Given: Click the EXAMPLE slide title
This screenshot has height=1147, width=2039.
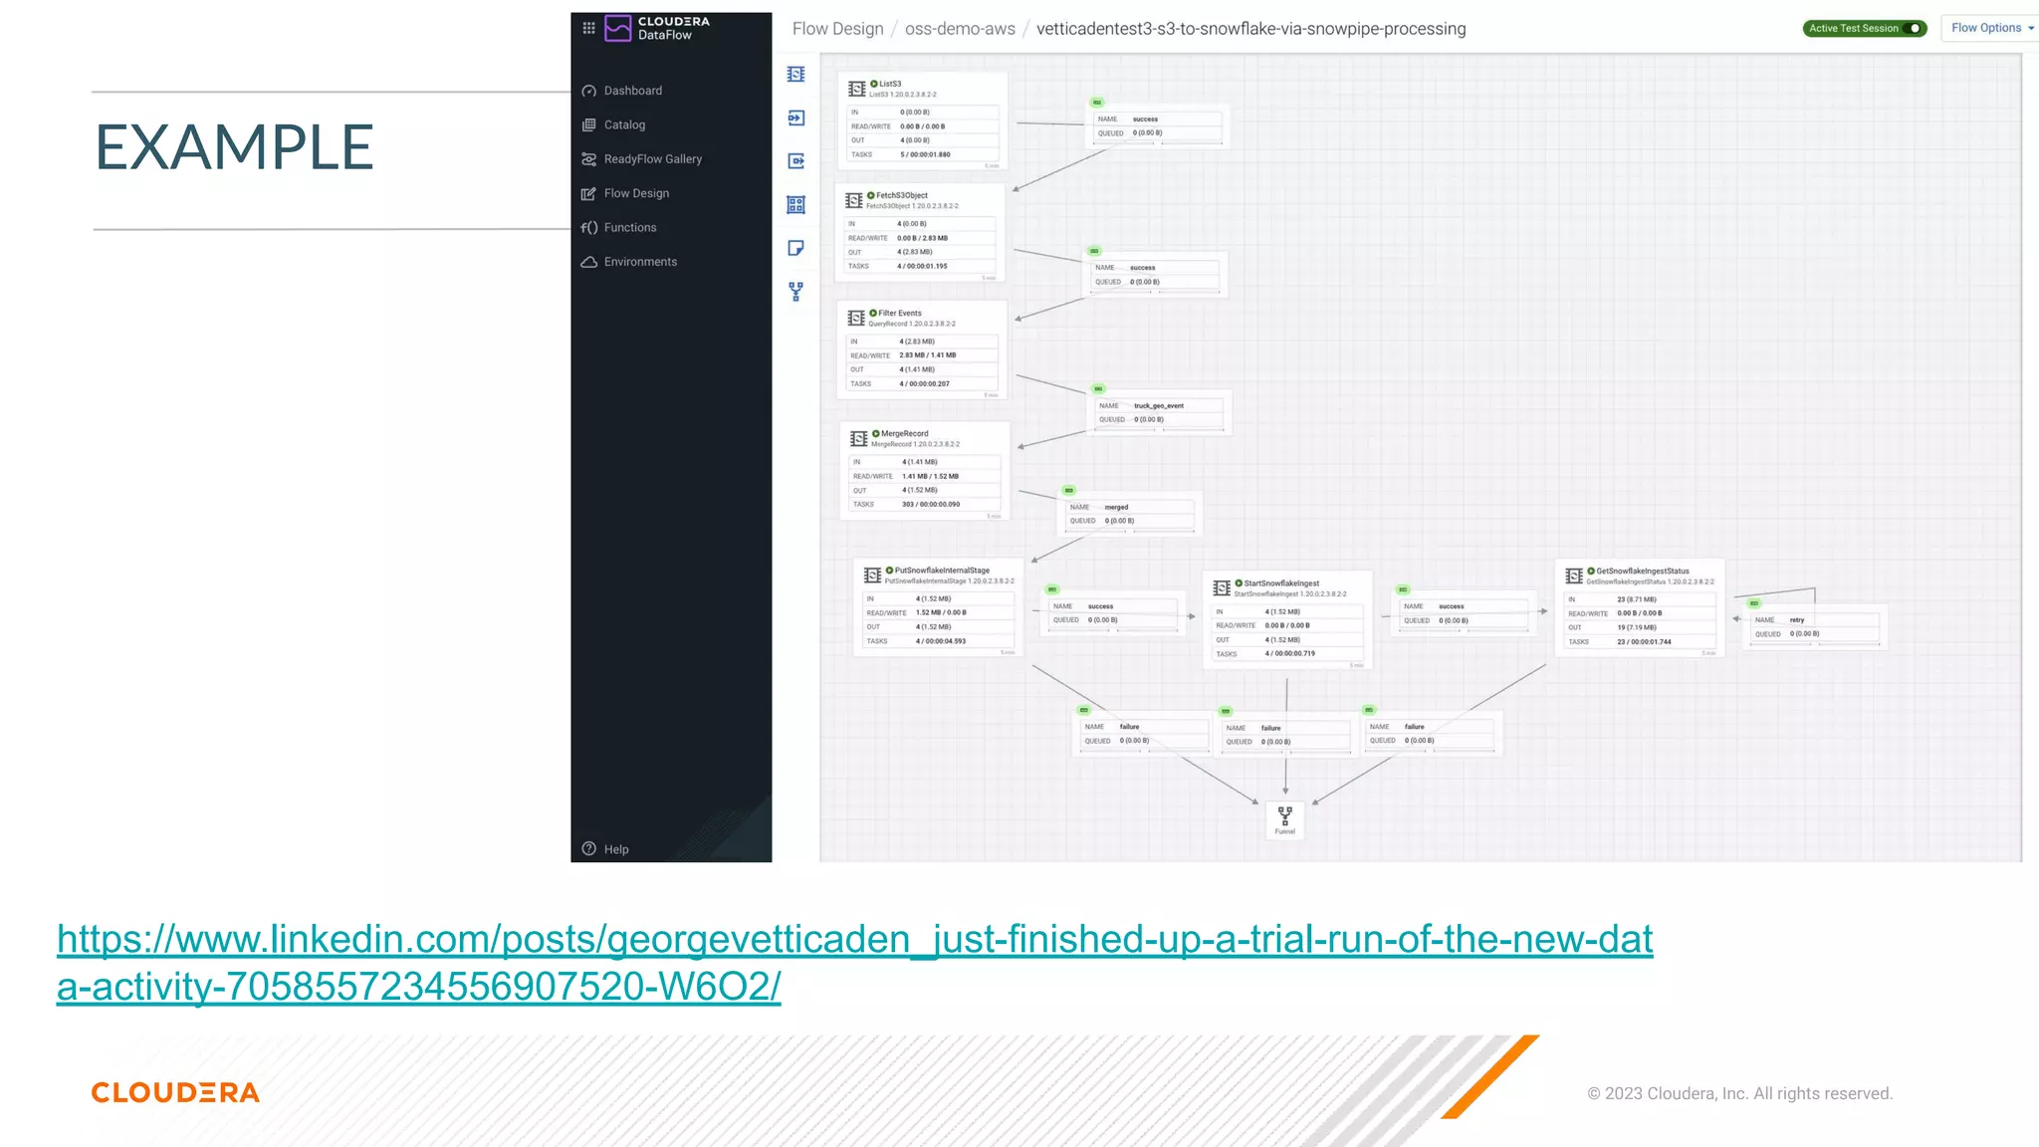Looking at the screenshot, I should click(234, 147).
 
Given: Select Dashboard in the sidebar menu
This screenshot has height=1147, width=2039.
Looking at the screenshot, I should click(632, 91).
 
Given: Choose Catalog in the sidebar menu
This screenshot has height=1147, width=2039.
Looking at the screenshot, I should click(624, 124).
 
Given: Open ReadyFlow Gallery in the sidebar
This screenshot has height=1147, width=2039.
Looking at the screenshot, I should click(652, 159).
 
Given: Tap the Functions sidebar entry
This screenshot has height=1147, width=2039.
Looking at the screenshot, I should click(629, 228).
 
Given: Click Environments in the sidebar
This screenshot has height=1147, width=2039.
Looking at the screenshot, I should click(640, 262).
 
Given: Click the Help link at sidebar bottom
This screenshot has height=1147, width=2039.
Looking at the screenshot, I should click(615, 849).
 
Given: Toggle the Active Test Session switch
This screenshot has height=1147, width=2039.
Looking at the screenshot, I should click(1914, 28).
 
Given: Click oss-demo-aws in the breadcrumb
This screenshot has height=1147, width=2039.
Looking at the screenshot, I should click(960, 29).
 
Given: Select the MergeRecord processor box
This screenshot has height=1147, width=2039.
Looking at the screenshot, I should click(925, 471).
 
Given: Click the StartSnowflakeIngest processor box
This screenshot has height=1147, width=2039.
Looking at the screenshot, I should click(1286, 620).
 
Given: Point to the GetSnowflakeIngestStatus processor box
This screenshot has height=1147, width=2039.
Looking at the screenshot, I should click(1639, 608).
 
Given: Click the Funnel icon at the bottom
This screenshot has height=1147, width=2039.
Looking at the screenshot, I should click(1284, 819).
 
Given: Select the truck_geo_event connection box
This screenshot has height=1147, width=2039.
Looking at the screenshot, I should click(1159, 412).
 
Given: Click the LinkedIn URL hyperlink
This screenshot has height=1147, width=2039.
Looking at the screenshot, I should click(854, 940).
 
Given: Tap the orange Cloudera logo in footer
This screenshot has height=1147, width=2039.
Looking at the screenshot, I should click(175, 1092).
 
